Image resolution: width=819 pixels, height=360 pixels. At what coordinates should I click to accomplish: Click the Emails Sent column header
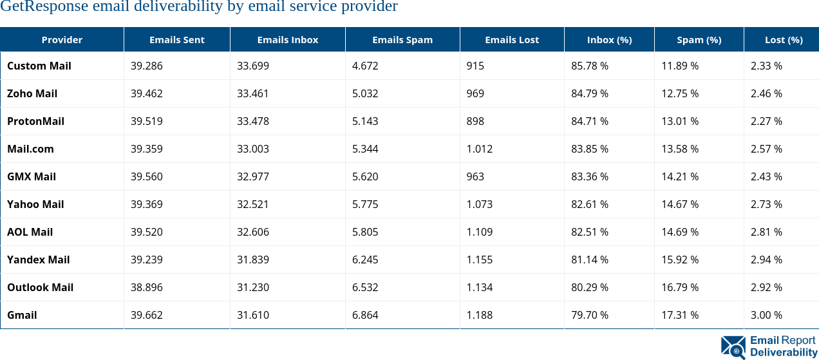point(176,40)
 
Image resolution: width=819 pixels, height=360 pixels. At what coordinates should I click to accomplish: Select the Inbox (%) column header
point(609,40)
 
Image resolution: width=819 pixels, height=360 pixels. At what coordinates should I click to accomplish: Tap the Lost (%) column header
point(783,40)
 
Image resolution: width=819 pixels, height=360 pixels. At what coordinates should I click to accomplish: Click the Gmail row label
point(22,315)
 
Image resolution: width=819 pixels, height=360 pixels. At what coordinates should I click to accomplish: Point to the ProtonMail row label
point(35,121)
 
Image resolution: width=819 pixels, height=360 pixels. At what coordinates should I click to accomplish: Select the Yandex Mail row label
point(38,260)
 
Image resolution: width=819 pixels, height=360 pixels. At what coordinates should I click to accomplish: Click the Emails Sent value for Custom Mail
point(146,66)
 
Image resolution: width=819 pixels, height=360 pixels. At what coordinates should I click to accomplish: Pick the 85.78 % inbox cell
point(589,66)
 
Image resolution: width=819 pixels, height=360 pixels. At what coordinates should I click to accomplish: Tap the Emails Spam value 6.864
point(365,315)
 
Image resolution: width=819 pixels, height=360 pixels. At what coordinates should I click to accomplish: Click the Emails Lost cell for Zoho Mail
point(475,93)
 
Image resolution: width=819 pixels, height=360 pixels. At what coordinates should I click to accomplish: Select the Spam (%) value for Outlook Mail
point(680,287)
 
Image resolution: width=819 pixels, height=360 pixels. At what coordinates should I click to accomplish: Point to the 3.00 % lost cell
point(766,315)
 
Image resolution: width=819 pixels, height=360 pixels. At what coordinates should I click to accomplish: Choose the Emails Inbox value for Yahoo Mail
point(252,204)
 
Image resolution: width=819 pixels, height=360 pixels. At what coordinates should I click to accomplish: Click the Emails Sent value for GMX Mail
point(146,176)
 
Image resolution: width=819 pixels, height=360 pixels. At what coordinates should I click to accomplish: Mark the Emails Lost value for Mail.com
point(479,149)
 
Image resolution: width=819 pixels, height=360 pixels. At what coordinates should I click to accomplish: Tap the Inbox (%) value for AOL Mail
point(589,232)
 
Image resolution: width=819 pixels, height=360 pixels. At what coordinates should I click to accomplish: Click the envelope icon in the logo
point(733,347)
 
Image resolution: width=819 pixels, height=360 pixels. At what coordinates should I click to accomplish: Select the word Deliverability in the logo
point(783,352)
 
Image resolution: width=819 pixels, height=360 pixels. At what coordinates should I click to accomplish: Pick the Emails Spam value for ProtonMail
point(365,121)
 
